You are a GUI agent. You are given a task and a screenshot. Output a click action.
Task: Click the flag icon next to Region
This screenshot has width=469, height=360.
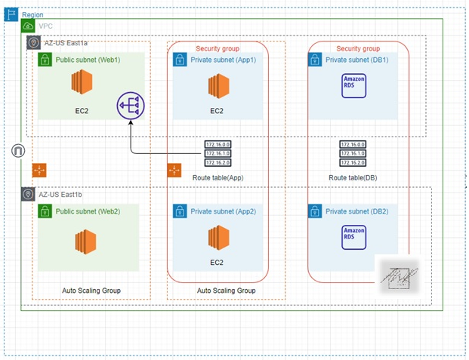click(x=11, y=14)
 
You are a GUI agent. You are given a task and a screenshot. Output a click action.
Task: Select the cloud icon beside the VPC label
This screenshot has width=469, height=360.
click(x=29, y=26)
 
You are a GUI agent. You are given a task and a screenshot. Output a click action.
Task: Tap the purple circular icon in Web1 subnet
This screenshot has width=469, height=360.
click(x=131, y=106)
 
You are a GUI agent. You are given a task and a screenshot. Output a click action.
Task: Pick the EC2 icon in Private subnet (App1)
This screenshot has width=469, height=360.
click(x=217, y=88)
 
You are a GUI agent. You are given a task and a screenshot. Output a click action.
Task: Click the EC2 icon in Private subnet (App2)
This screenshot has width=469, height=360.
click(x=217, y=239)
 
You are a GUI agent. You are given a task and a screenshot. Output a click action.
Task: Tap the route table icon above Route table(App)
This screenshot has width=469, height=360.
click(x=218, y=153)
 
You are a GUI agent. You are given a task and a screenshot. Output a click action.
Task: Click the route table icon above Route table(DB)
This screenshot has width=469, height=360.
click(x=353, y=153)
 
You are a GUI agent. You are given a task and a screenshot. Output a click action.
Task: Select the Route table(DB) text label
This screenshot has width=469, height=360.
click(x=353, y=177)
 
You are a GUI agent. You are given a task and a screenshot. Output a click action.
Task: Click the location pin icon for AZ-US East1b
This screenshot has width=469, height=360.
click(x=28, y=195)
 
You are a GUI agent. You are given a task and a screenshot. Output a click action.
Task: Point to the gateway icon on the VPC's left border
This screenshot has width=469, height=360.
click(x=18, y=151)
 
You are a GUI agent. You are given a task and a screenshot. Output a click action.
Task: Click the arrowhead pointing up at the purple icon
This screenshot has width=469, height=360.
click(x=131, y=125)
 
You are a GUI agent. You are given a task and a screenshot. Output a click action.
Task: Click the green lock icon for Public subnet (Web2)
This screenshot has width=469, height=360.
click(x=45, y=211)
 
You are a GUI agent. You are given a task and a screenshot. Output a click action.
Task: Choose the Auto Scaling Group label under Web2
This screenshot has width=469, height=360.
click(x=91, y=290)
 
